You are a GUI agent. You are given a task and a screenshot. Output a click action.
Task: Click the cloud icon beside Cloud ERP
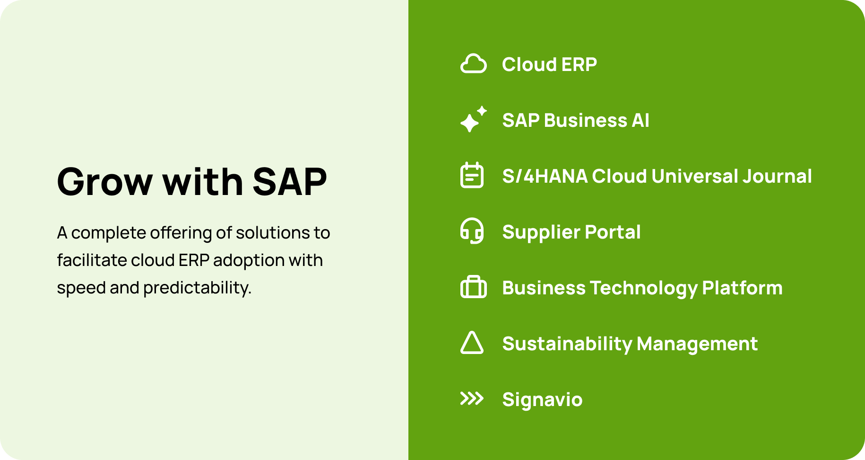473,64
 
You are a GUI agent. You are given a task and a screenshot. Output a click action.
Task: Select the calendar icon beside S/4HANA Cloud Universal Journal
472,176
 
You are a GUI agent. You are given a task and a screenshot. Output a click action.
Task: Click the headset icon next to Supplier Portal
472,231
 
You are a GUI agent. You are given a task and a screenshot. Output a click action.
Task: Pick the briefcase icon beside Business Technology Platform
473,287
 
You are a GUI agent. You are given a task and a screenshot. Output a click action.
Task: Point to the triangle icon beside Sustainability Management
472,343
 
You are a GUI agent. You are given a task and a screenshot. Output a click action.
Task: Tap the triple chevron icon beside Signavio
472,399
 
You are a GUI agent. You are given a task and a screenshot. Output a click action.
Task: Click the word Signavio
542,400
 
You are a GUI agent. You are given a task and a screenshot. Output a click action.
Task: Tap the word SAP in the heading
289,182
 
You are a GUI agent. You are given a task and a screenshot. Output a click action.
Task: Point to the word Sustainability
567,344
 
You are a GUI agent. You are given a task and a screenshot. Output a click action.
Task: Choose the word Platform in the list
742,288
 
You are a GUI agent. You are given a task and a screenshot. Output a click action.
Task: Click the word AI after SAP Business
640,121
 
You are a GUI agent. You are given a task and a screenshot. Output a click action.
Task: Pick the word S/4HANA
545,177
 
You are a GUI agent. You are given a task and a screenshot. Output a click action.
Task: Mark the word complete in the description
108,233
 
